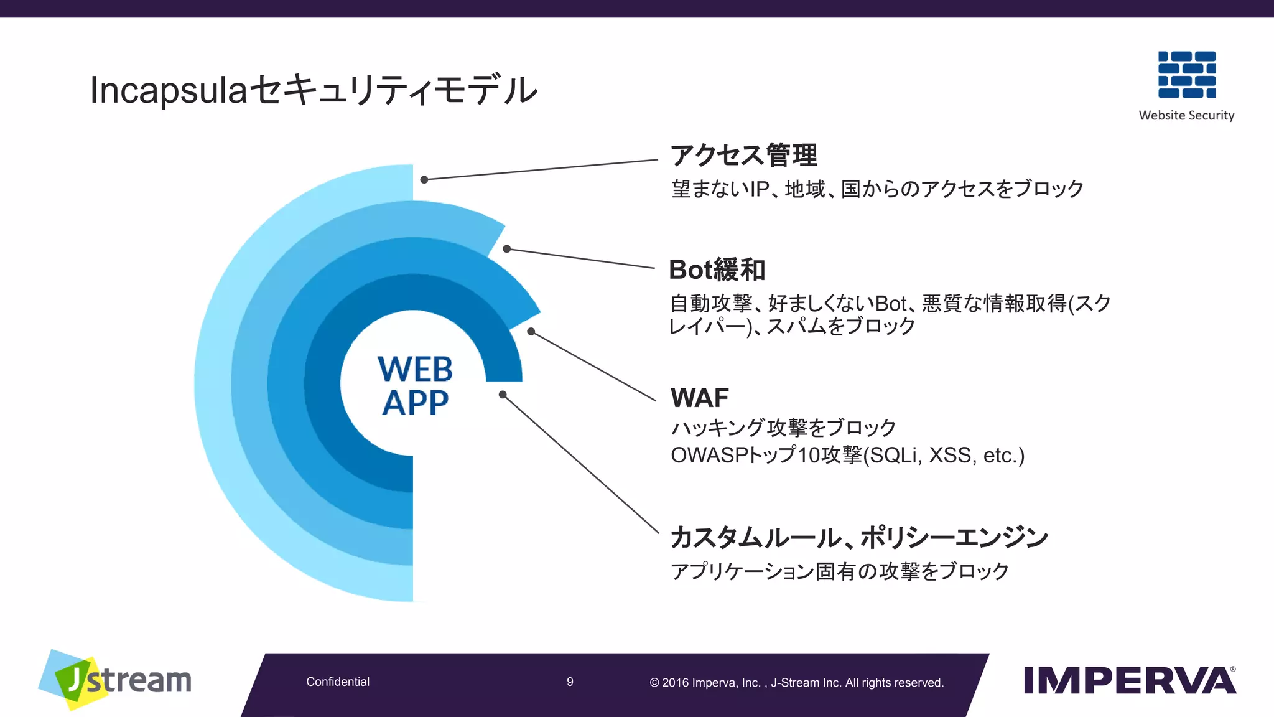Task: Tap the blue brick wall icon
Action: pyautogui.click(x=1186, y=75)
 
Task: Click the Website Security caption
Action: pyautogui.click(x=1186, y=115)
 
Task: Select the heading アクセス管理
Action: pyautogui.click(x=743, y=155)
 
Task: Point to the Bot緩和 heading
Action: pyautogui.click(x=717, y=270)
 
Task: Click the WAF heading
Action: pyautogui.click(x=699, y=398)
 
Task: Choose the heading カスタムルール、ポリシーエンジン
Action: pyautogui.click(x=858, y=537)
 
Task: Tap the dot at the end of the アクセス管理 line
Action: pyautogui.click(x=424, y=180)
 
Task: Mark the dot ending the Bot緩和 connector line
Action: pyautogui.click(x=507, y=249)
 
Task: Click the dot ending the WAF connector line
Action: pyautogui.click(x=531, y=332)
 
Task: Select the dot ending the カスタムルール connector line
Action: pyautogui.click(x=503, y=395)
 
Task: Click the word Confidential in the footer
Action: pyautogui.click(x=338, y=682)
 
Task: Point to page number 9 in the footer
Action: pyautogui.click(x=570, y=682)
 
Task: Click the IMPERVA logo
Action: pyautogui.click(x=1129, y=681)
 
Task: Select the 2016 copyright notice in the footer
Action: pyautogui.click(x=796, y=683)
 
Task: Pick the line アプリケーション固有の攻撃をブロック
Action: pyautogui.click(x=839, y=571)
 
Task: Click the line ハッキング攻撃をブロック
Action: pyautogui.click(x=783, y=428)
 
